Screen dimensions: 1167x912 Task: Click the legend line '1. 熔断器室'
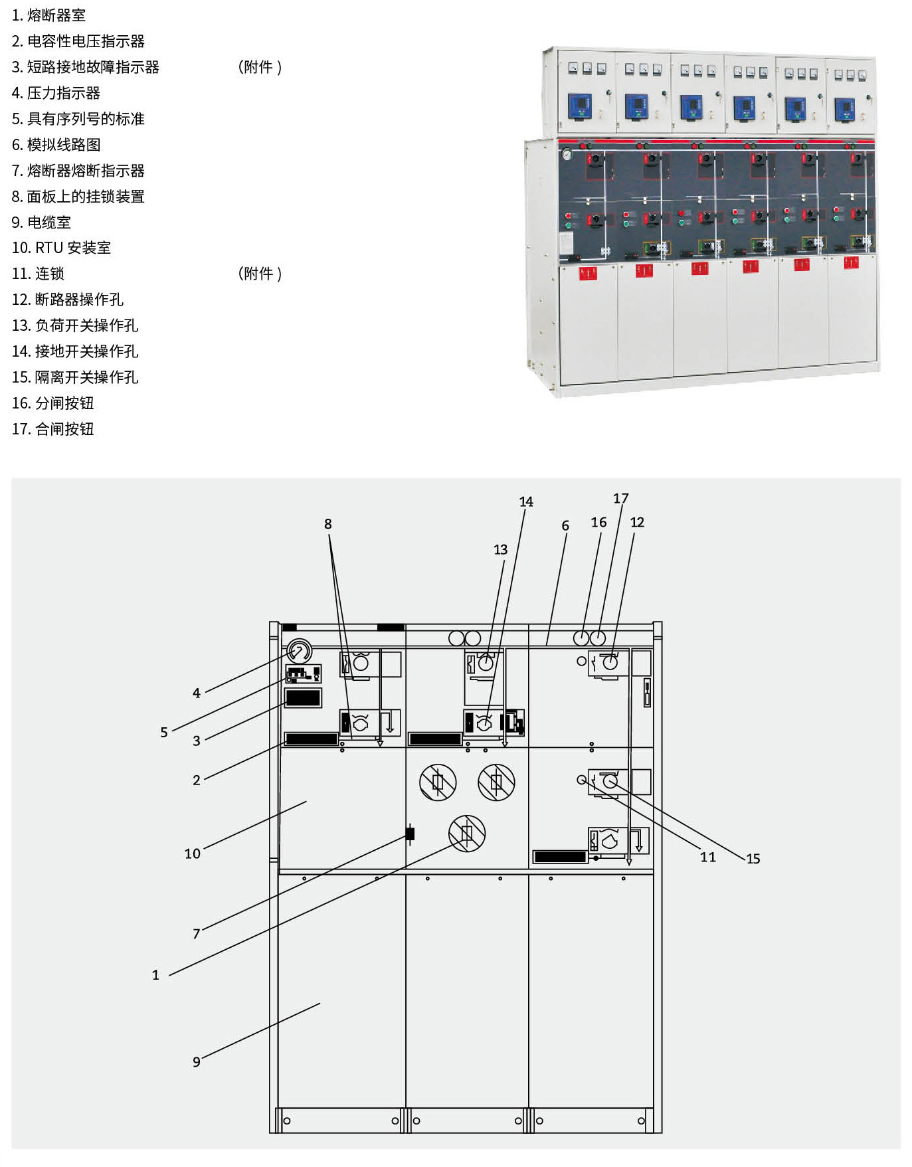click(x=48, y=15)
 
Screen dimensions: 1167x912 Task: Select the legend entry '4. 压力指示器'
click(x=56, y=93)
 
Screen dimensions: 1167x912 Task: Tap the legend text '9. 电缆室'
click(x=41, y=223)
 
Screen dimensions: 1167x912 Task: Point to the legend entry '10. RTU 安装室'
click(x=61, y=248)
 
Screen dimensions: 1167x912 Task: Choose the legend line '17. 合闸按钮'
click(x=52, y=429)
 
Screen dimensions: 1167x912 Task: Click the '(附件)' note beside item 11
click(x=260, y=274)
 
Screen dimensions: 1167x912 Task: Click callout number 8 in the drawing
click(x=327, y=524)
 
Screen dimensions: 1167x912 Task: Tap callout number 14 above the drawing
click(x=526, y=502)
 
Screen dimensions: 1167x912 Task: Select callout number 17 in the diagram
click(x=620, y=498)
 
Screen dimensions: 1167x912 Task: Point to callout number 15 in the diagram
click(x=753, y=859)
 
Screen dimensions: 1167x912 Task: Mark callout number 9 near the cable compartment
click(x=197, y=1062)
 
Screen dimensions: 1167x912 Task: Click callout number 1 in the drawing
click(x=155, y=975)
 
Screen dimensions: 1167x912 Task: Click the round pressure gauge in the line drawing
click(x=300, y=652)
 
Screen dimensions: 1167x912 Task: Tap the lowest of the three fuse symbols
click(x=467, y=833)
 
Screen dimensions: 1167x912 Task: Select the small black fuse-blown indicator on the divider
click(x=410, y=834)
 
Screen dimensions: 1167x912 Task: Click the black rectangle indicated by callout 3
click(x=303, y=697)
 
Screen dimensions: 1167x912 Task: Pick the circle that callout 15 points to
click(x=610, y=782)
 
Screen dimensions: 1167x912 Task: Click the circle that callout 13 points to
click(x=486, y=662)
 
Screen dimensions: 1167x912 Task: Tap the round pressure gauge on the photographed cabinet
click(x=567, y=155)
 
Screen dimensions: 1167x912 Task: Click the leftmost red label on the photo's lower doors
click(x=588, y=273)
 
